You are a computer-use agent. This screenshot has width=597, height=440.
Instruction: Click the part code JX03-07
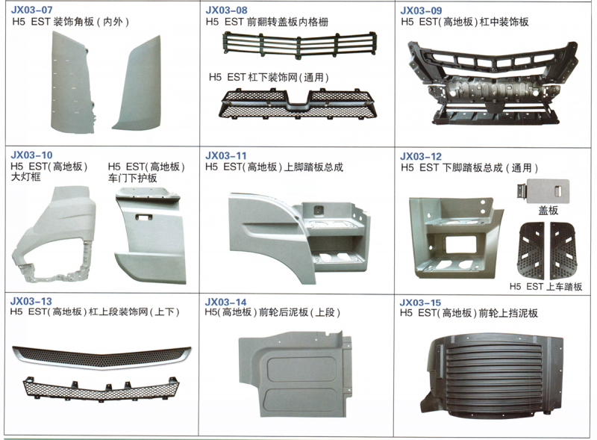[x=31, y=10]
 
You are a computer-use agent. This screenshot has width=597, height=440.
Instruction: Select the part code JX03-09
[x=421, y=10]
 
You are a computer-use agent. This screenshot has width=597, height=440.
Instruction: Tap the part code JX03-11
[x=226, y=155]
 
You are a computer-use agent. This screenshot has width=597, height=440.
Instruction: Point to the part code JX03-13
[x=31, y=301]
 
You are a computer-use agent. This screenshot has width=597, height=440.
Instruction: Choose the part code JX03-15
[x=420, y=303]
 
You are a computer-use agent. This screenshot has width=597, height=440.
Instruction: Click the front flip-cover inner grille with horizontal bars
[x=300, y=45]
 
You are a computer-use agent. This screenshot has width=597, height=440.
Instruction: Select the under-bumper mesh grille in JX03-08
[x=297, y=103]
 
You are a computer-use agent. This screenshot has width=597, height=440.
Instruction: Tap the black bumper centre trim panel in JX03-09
[x=493, y=83]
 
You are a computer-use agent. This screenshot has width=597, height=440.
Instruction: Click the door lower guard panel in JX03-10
[x=151, y=235]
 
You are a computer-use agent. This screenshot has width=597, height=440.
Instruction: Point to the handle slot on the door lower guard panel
[x=144, y=217]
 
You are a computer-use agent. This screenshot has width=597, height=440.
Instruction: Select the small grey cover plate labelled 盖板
[x=543, y=190]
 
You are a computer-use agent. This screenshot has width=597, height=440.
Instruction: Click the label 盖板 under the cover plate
[x=548, y=210]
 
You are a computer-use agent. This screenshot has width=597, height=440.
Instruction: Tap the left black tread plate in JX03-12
[x=531, y=250]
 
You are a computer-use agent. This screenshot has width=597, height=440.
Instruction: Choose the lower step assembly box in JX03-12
[x=456, y=238]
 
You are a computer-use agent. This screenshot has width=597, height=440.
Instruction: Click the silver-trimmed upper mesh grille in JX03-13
[x=101, y=357]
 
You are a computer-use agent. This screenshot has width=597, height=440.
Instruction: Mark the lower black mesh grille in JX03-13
[x=101, y=388]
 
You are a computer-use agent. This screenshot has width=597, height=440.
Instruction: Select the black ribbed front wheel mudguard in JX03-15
[x=492, y=376]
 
